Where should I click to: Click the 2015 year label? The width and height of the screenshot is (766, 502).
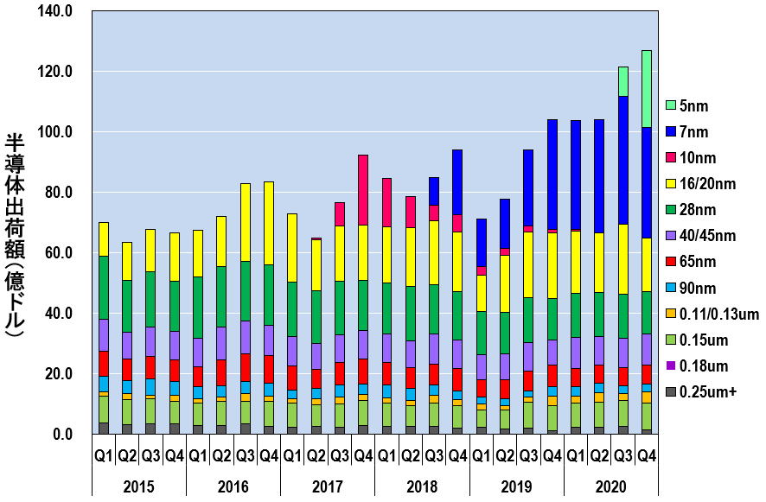(138, 486)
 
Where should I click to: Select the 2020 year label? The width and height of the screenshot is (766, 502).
(610, 486)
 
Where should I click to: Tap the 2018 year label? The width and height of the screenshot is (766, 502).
(422, 486)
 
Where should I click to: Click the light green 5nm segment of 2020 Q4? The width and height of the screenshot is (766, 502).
(646, 88)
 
